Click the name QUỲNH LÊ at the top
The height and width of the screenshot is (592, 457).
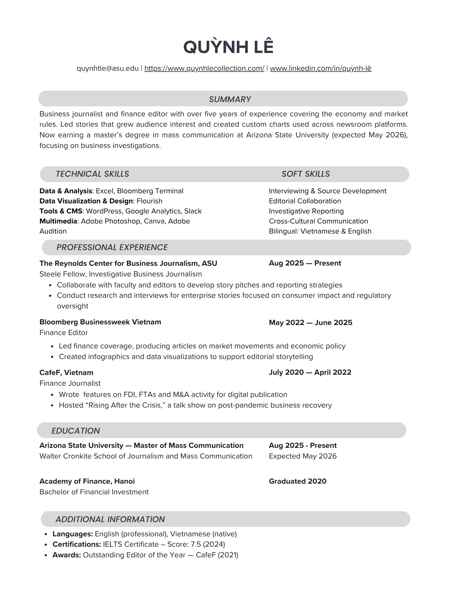pos(228,47)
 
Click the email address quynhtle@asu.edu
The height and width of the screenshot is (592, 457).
pos(107,68)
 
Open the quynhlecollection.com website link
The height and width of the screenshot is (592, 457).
pos(204,68)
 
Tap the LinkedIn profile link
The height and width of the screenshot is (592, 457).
pos(320,68)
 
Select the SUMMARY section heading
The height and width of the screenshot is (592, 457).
pos(230,99)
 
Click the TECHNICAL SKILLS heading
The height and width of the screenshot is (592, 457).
pos(92,174)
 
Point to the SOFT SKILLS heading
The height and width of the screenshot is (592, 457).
pos(306,174)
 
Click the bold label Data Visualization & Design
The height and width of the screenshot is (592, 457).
pos(86,201)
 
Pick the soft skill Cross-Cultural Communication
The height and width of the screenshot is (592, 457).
pos(318,221)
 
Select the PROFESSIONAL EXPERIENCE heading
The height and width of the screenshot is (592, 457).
pos(112,247)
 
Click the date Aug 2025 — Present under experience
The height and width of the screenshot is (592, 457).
pos(305,263)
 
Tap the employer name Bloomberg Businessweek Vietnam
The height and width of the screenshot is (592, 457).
pos(100,322)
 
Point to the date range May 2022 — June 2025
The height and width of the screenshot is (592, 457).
pos(310,322)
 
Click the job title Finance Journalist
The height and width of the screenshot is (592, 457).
pos(70,383)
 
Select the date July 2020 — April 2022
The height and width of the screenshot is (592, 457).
pos(310,372)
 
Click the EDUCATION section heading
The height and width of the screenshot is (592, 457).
pos(75,431)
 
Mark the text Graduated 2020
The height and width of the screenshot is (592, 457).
pos(297,481)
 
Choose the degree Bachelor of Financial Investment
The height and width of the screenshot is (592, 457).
pos(94,492)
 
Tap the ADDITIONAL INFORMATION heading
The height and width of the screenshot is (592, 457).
pos(110,519)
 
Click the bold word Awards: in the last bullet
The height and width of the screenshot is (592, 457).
pos(67,555)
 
